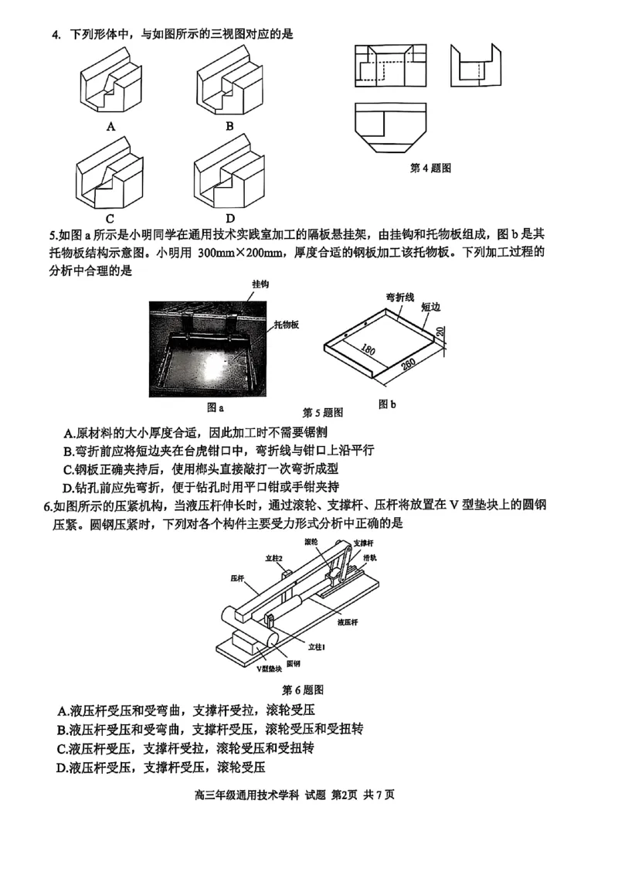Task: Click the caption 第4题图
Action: point(430,168)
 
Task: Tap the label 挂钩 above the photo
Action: point(260,284)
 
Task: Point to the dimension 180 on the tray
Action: point(368,352)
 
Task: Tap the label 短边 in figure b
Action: point(430,306)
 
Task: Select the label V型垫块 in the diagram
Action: point(270,669)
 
